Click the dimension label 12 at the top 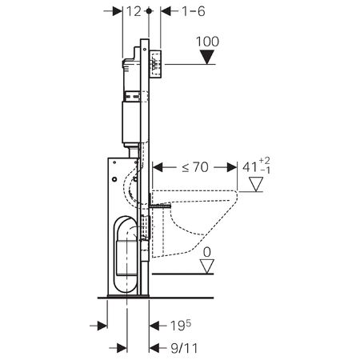[134, 11]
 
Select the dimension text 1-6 [194, 11]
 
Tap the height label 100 [207, 42]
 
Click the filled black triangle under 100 [207, 58]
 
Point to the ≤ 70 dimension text [195, 167]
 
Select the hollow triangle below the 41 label [256, 184]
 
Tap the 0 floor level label [207, 252]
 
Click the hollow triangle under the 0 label [207, 266]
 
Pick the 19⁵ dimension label [181, 326]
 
